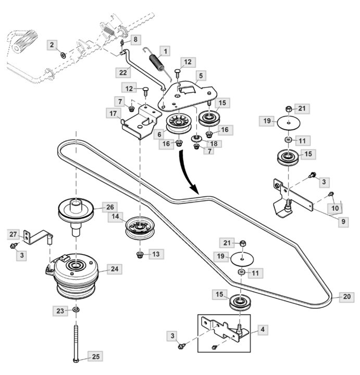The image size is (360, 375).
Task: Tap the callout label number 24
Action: (115, 269)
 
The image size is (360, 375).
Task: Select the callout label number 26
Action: (109, 206)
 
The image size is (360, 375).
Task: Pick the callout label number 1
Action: (165, 51)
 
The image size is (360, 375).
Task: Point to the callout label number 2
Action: (52, 45)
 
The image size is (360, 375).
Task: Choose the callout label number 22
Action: (123, 71)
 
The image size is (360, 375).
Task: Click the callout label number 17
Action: (113, 113)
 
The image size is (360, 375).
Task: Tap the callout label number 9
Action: (343, 221)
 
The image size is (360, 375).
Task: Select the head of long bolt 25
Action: (77, 361)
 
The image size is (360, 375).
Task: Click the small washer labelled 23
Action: (76, 311)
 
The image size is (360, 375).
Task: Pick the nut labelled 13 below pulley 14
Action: (139, 255)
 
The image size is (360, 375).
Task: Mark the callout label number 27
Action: (14, 234)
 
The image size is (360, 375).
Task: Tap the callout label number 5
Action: (201, 76)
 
